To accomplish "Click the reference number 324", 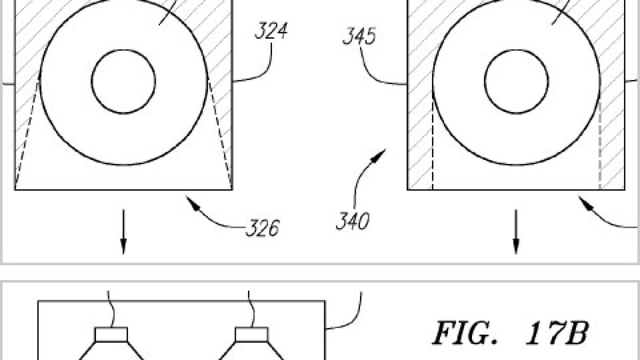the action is (271, 30).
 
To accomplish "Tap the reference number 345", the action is (359, 36).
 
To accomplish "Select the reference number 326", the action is (262, 228).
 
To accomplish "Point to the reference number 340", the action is (353, 221).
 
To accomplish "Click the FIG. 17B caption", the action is (511, 333).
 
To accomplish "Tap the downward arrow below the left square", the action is (123, 231).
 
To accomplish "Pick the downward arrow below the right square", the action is (516, 231).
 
